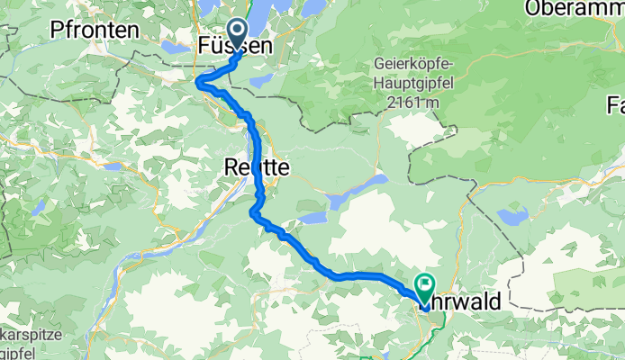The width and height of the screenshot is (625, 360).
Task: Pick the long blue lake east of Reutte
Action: point(360,190)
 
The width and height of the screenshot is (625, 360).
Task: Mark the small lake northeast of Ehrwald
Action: point(513,217)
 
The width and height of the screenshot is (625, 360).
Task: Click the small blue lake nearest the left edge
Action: point(37,209)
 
